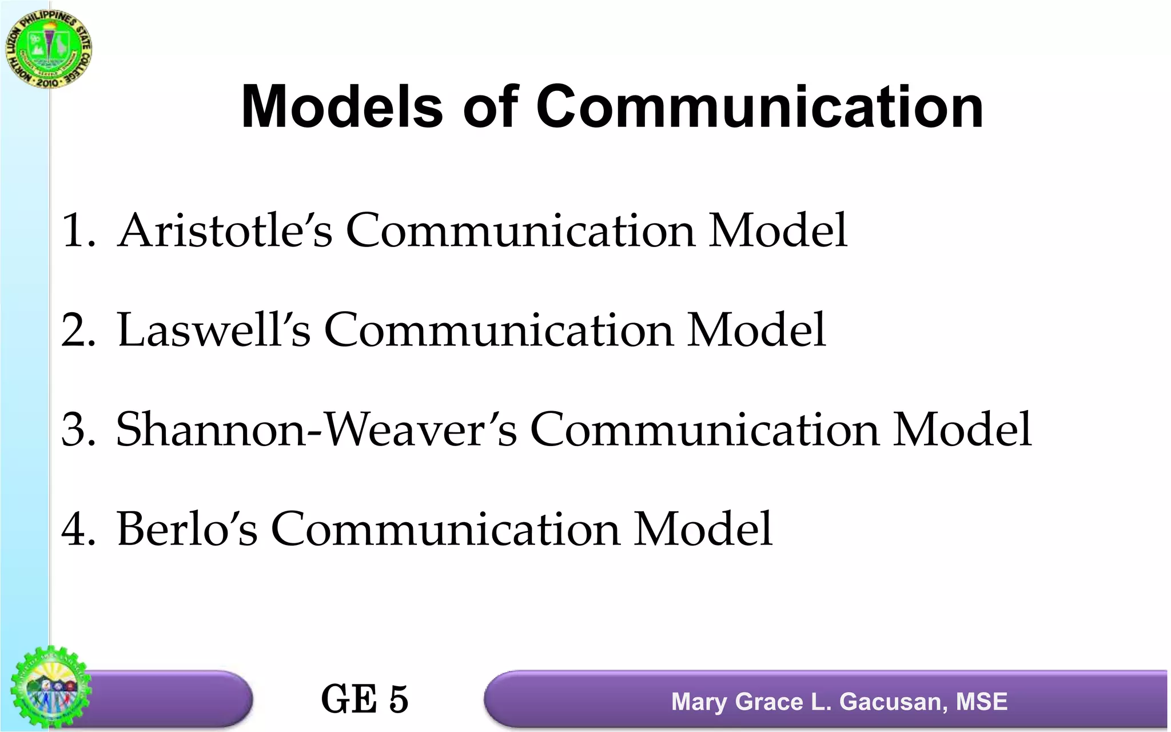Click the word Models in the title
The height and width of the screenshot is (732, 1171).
(x=342, y=107)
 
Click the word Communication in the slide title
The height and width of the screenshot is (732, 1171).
(x=759, y=107)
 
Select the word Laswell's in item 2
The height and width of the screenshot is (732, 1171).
(x=213, y=330)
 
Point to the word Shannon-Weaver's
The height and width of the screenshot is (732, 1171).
(x=316, y=429)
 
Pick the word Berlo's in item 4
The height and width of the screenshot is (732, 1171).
(x=187, y=529)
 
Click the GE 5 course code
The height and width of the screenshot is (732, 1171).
(x=364, y=699)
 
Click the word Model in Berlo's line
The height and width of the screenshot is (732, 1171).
(x=703, y=529)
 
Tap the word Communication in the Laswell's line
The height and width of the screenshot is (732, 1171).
(x=499, y=330)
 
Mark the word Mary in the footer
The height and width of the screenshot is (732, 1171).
(x=699, y=702)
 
